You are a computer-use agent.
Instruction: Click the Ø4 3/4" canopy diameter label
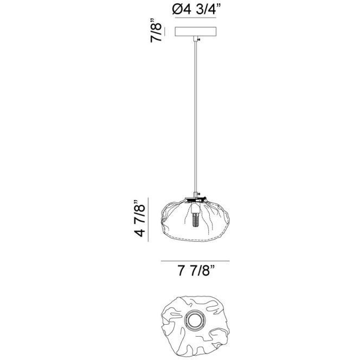click(x=196, y=9)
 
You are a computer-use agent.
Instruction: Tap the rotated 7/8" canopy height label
click(x=156, y=31)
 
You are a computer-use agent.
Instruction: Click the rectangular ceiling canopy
click(x=195, y=31)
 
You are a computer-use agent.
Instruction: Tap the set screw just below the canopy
click(x=199, y=40)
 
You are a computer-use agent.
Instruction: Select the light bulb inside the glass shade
click(x=195, y=220)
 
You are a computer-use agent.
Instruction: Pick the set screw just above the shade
click(x=199, y=194)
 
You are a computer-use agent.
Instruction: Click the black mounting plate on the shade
click(x=195, y=198)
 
